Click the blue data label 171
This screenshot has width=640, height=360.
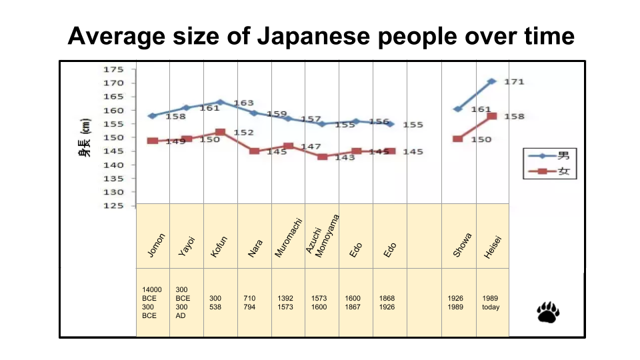514,82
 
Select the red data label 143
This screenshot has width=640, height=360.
345,158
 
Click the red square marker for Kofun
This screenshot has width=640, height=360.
221,133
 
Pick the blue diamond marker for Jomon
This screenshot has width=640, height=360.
153,116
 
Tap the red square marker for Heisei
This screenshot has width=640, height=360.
492,116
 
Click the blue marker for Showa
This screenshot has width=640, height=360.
458,109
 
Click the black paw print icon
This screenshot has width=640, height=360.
547,311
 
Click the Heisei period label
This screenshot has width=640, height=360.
492,247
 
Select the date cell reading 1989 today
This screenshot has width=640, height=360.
491,303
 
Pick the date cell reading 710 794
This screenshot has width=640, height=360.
249,303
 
